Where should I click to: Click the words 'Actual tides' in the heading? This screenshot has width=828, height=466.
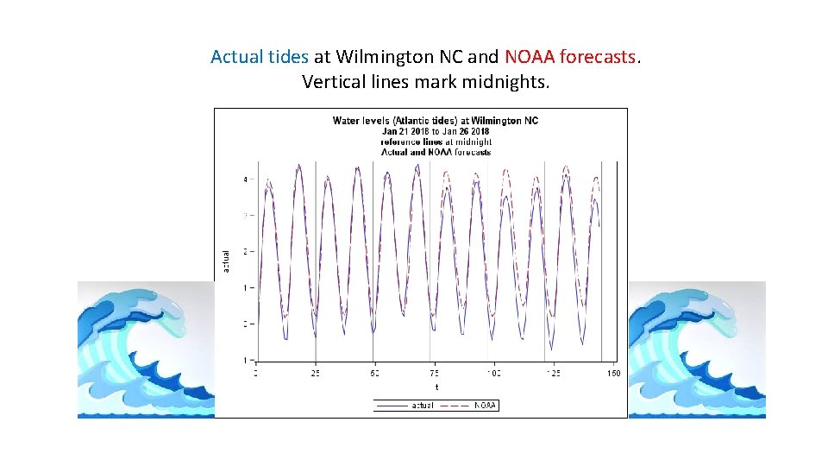[x=259, y=58]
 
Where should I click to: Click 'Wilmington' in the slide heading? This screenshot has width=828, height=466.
[x=386, y=58]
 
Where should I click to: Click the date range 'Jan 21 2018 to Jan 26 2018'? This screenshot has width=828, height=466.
[x=435, y=131]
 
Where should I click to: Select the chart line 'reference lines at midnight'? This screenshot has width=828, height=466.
[x=436, y=142]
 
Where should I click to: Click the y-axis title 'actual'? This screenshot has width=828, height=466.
[x=226, y=261]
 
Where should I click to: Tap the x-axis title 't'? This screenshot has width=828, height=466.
[x=436, y=387]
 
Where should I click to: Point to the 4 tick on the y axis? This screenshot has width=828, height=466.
[x=245, y=179]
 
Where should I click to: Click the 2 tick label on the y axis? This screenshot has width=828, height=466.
[x=245, y=252]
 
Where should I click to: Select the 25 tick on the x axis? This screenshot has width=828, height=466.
[x=315, y=373]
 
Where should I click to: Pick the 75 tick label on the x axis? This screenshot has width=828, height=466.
[x=433, y=373]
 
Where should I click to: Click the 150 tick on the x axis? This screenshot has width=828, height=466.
[x=613, y=373]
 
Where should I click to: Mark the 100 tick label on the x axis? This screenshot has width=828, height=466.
[x=493, y=373]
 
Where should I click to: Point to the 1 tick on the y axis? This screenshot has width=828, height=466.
[x=245, y=287]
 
